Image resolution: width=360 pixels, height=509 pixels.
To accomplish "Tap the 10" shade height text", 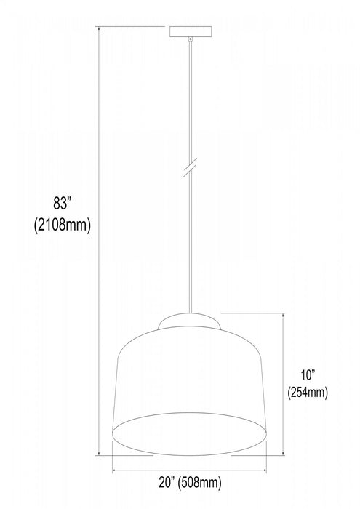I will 308,375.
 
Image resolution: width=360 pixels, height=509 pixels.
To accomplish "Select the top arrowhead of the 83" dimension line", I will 98,30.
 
